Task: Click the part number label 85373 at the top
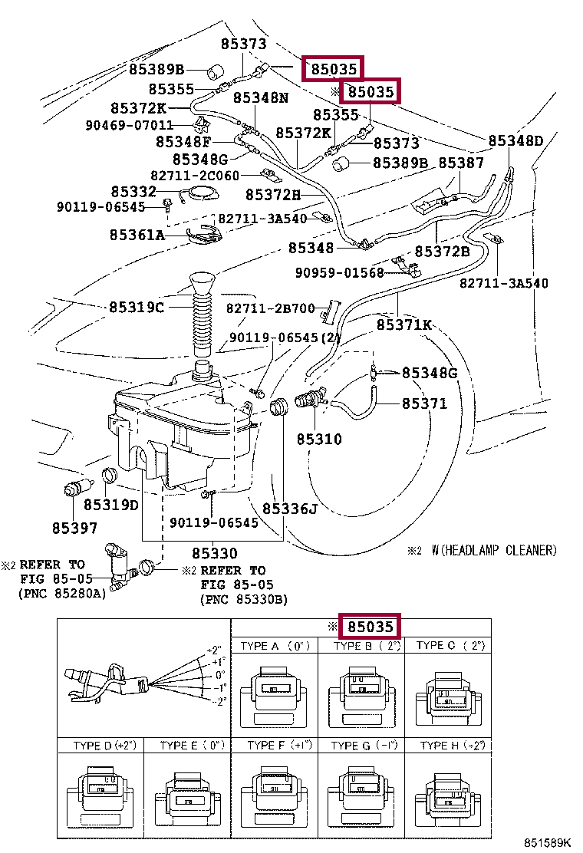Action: pyautogui.click(x=244, y=44)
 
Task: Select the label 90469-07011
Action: pyautogui.click(x=130, y=126)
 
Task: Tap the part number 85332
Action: pyautogui.click(x=133, y=192)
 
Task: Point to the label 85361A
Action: pyautogui.click(x=137, y=235)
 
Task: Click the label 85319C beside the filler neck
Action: pyautogui.click(x=137, y=308)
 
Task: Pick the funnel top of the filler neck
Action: pyautogui.click(x=203, y=284)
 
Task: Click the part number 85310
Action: pyautogui.click(x=319, y=439)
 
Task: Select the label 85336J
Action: pyautogui.click(x=290, y=509)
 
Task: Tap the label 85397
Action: pyautogui.click(x=74, y=529)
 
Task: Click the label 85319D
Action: pyautogui.click(x=111, y=505)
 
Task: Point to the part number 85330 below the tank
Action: pyautogui.click(x=215, y=553)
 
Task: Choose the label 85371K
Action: pyautogui.click(x=404, y=324)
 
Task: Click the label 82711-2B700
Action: pyautogui.click(x=271, y=308)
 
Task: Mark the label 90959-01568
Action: pyautogui.click(x=340, y=272)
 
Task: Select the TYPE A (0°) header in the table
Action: pyautogui.click(x=275, y=646)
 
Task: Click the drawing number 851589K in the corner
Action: pyautogui.click(x=548, y=843)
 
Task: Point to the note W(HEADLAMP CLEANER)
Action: pyautogui.click(x=494, y=551)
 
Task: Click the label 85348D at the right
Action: pyautogui.click(x=515, y=141)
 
